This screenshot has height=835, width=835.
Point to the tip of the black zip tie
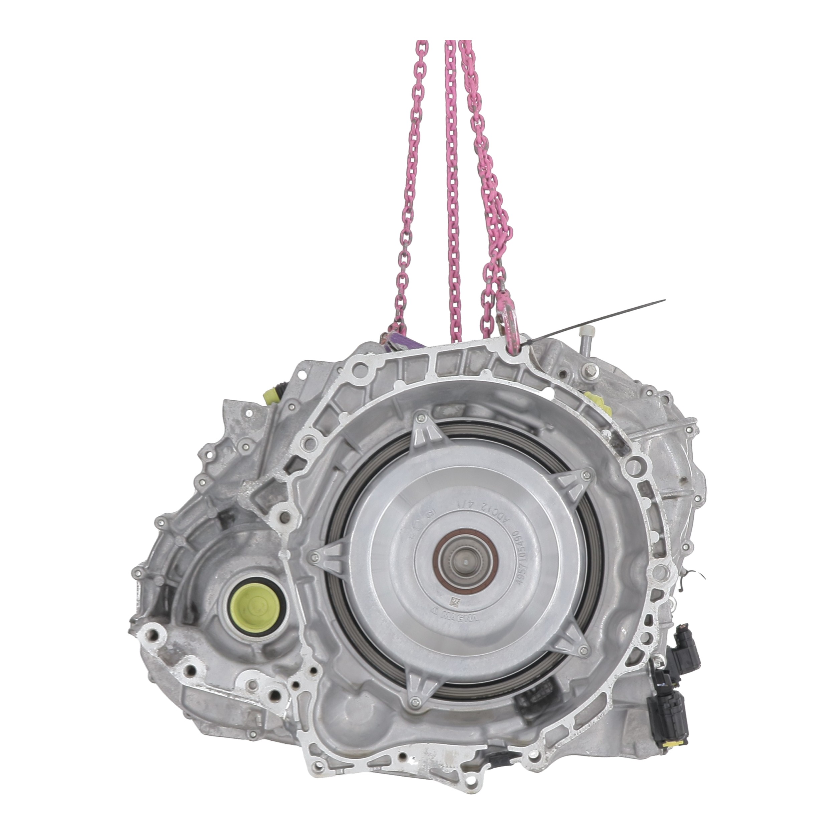tap(664, 300)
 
